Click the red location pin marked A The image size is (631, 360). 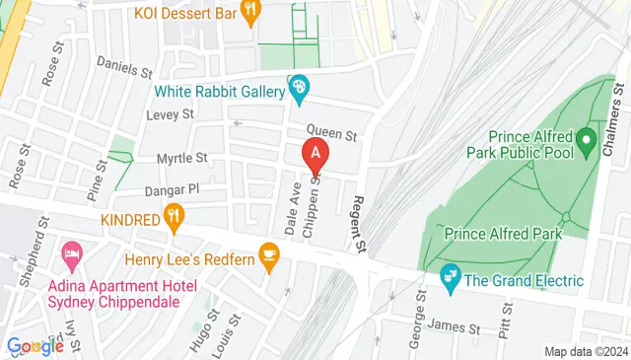pyautogui.click(x=315, y=154)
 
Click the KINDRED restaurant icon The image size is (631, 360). pyautogui.click(x=175, y=214)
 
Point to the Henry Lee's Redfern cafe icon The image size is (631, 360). pyautogui.click(x=269, y=255)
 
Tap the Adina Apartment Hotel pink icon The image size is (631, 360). pyautogui.click(x=71, y=255)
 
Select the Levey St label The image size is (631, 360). pyautogui.click(x=171, y=115)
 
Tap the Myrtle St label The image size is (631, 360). pyautogui.click(x=182, y=158)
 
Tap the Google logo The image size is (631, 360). pyautogui.click(x=35, y=346)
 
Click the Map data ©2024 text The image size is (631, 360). pyautogui.click(x=586, y=351)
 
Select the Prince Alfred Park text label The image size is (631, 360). pyautogui.click(x=503, y=234)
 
